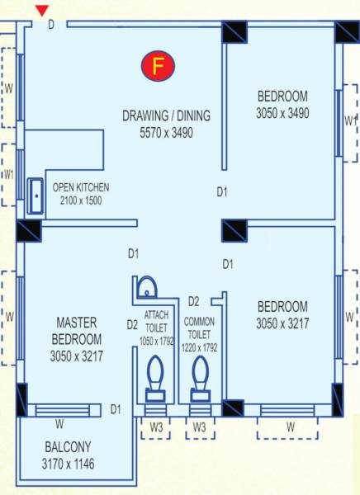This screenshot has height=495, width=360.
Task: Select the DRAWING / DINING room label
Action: click(x=167, y=114)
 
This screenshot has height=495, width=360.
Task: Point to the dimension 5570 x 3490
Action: click(x=167, y=130)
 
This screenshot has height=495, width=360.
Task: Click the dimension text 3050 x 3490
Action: click(x=282, y=113)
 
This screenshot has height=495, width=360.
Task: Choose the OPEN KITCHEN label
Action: click(x=81, y=187)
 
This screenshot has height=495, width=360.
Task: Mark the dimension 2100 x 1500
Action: click(x=81, y=200)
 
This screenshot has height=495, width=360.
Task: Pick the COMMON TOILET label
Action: click(x=201, y=328)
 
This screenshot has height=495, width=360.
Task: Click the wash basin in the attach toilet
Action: click(x=146, y=288)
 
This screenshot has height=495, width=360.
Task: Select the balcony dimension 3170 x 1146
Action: click(x=69, y=464)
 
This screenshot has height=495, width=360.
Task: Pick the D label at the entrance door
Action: click(x=50, y=25)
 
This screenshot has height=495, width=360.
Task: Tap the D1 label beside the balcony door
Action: click(x=116, y=408)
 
